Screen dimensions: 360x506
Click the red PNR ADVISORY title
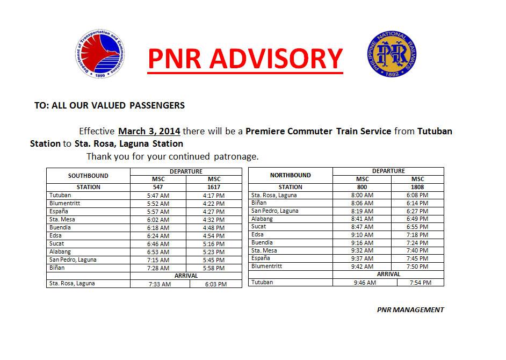[245, 60]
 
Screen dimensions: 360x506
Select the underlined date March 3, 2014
[149, 131]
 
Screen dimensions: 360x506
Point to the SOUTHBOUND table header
[88, 176]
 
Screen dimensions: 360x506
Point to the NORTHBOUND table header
[290, 175]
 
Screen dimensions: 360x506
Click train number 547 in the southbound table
[158, 187]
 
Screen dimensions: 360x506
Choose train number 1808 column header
[417, 187]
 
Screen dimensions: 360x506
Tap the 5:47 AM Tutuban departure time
[158, 196]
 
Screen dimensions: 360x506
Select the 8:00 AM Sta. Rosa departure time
[362, 195]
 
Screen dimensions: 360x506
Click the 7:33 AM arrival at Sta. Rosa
[160, 284]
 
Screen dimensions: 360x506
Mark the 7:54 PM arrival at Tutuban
[421, 282]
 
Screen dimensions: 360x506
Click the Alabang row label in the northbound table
[262, 219]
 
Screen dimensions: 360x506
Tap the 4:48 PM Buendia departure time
[214, 228]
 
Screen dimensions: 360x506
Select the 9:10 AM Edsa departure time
[362, 235]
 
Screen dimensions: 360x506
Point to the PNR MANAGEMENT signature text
[410, 309]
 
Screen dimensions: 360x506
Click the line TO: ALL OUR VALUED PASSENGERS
[110, 105]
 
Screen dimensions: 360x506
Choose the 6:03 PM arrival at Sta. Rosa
[215, 284]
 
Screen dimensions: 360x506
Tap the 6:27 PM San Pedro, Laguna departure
[417, 211]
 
